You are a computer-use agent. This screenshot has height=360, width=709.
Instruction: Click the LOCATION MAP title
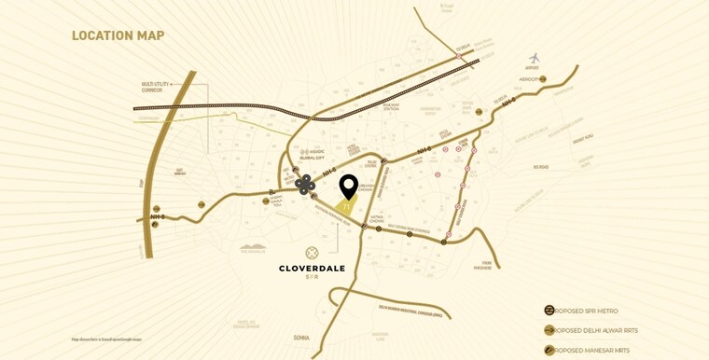click(118, 36)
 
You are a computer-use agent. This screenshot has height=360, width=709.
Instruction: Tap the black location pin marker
click(348, 187)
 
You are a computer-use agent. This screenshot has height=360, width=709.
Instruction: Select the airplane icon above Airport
click(535, 58)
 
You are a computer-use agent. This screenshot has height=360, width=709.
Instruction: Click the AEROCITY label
click(531, 79)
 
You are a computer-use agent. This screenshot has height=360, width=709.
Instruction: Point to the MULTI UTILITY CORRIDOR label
click(160, 86)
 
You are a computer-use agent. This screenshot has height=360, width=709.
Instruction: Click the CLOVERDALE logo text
click(312, 269)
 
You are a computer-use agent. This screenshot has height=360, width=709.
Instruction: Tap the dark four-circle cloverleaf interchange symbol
click(305, 184)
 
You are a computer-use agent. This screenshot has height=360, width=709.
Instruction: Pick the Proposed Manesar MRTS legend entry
click(591, 350)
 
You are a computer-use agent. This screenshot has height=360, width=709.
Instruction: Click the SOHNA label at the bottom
click(301, 338)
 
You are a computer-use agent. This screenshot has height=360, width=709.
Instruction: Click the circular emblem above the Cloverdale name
click(312, 253)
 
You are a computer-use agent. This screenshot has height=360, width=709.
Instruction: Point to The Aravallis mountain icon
click(253, 249)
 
